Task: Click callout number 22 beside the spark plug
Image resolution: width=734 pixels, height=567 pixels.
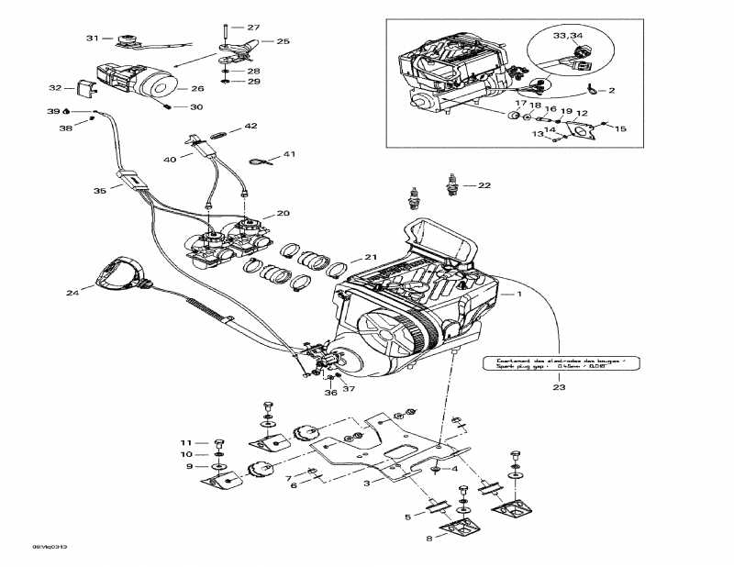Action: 484,185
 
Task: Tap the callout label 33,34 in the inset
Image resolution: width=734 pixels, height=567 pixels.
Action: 568,35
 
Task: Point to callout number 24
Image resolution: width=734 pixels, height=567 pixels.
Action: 72,293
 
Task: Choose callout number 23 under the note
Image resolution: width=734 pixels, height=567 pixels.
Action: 561,388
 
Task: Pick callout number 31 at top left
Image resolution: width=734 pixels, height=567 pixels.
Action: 92,38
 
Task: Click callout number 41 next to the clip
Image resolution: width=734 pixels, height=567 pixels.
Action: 290,154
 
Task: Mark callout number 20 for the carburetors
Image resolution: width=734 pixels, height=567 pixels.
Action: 283,213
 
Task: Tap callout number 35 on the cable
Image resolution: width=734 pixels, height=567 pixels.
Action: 101,191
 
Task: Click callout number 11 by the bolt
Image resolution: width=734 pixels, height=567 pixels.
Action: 183,443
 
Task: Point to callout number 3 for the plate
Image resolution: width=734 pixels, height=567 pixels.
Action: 367,482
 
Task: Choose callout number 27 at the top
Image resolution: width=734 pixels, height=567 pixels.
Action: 253,27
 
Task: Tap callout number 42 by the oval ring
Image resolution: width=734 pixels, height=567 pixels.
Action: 250,126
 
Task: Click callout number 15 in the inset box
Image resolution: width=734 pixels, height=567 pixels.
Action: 620,128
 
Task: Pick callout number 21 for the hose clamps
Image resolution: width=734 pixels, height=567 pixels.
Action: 370,256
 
